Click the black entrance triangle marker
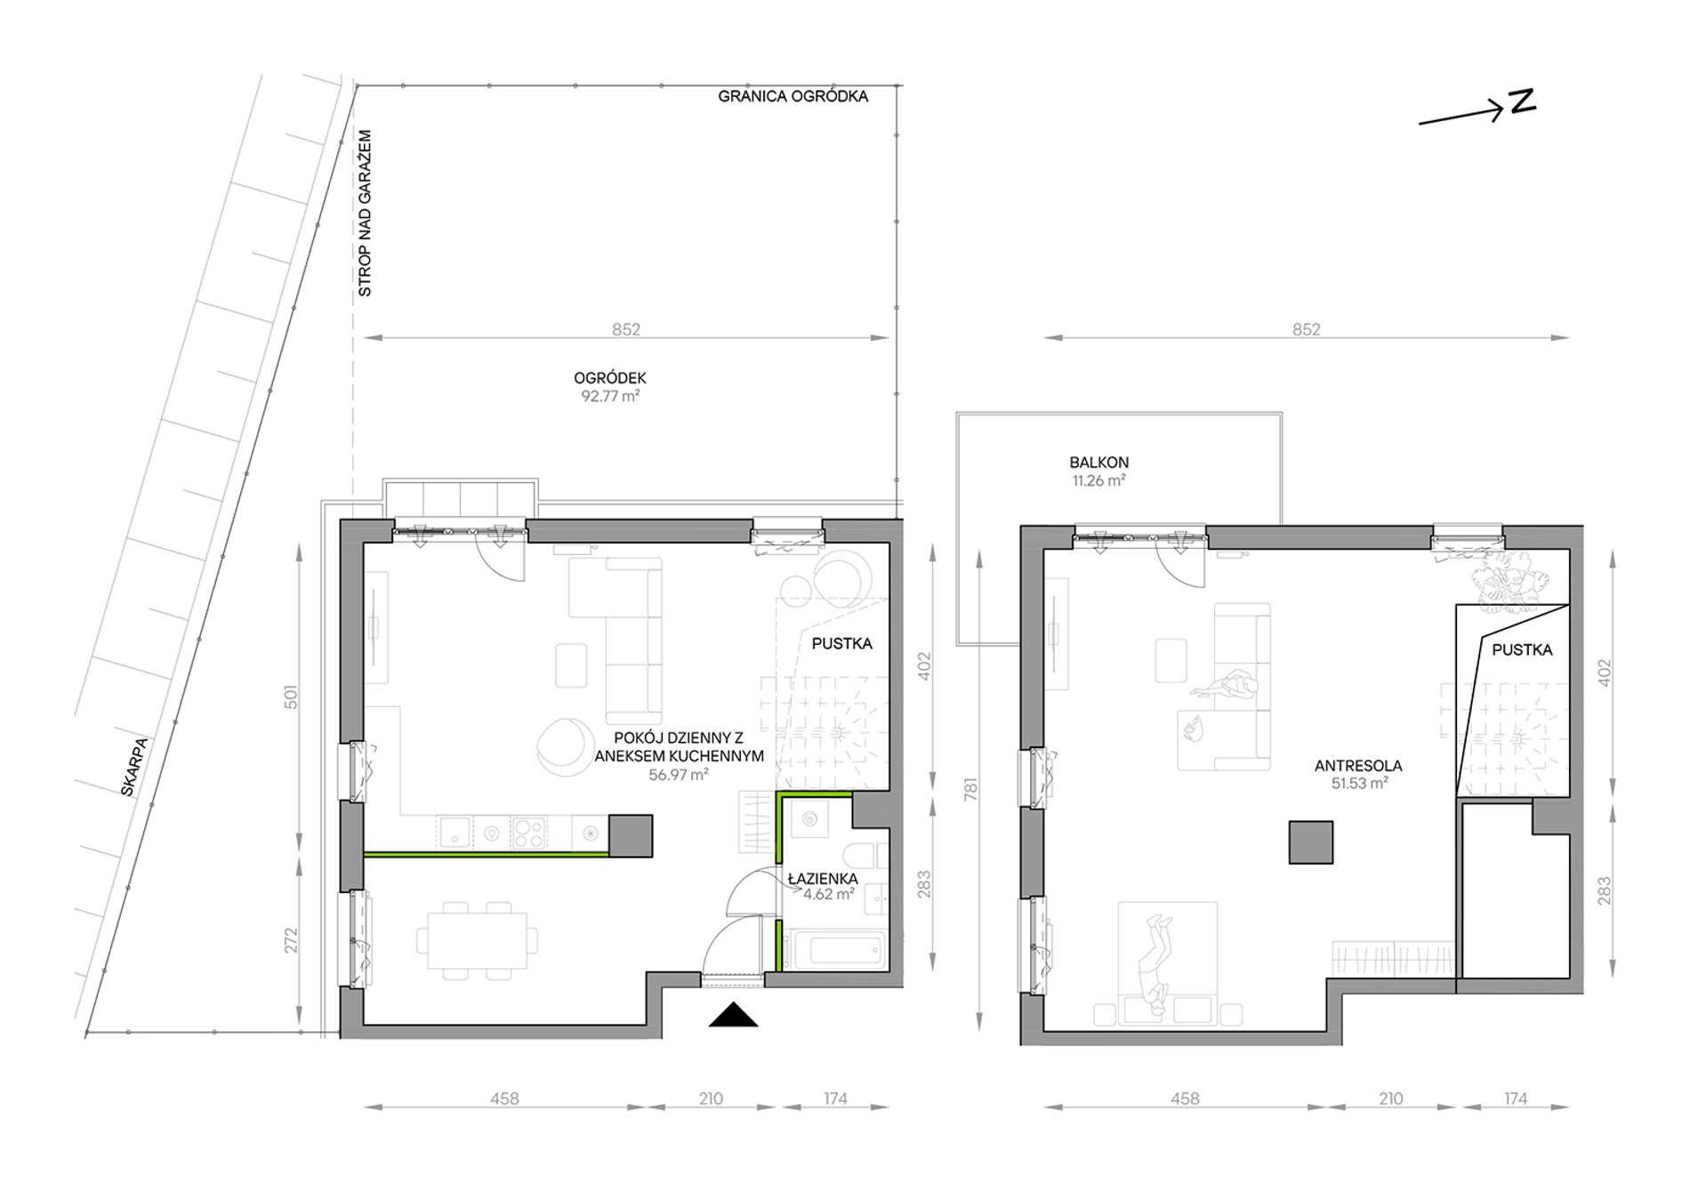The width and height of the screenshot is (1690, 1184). click(733, 1015)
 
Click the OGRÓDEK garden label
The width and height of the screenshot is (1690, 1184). click(610, 378)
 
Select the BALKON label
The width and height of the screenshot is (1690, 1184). click(1099, 463)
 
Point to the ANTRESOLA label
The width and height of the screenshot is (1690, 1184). click(1358, 765)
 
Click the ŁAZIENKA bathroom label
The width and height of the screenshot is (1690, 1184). click(823, 879)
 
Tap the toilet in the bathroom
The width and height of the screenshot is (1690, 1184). click(865, 856)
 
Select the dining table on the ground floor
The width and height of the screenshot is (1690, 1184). click(478, 941)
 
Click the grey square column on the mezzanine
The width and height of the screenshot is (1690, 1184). click(1311, 842)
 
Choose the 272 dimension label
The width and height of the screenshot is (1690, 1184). click(291, 940)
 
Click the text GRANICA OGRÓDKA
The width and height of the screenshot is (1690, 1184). click(793, 96)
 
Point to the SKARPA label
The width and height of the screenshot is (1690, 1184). click(136, 766)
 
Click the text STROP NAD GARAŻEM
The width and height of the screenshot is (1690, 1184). click(364, 213)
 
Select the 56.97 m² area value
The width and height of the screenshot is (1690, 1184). click(679, 775)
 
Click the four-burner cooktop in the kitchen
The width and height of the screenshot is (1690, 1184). click(528, 833)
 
